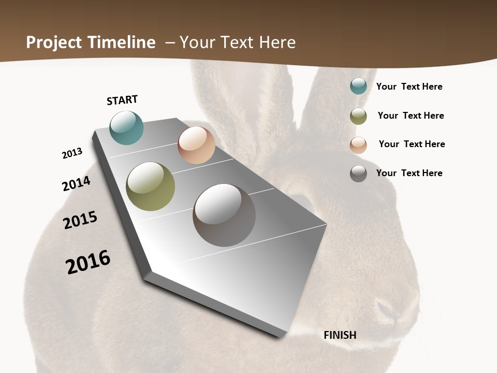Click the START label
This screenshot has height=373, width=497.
pyautogui.click(x=122, y=100)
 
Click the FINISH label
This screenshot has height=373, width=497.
pyautogui.click(x=340, y=335)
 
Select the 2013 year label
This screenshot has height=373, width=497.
pyautogui.click(x=72, y=153)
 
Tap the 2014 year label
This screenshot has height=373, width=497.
pyautogui.click(x=76, y=183)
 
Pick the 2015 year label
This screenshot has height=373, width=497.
pyautogui.click(x=80, y=220)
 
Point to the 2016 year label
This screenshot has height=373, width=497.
pyautogui.click(x=88, y=262)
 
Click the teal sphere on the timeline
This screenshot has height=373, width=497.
pyautogui.click(x=126, y=128)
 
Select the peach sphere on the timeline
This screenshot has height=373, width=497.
pyautogui.click(x=196, y=145)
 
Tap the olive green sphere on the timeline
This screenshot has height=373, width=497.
pyautogui.click(x=150, y=187)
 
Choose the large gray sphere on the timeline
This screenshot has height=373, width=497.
pyautogui.click(x=224, y=215)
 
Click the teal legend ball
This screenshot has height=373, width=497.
pyautogui.click(x=358, y=86)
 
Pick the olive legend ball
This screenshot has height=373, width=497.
pyautogui.click(x=358, y=116)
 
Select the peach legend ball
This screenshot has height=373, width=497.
pyautogui.click(x=358, y=145)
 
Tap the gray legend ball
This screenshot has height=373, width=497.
pyautogui.click(x=358, y=174)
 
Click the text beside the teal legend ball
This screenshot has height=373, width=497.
pyautogui.click(x=409, y=87)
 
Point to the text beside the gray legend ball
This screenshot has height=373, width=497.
pyautogui.click(x=409, y=173)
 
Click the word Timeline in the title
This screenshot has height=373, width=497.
pyautogui.click(x=122, y=42)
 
